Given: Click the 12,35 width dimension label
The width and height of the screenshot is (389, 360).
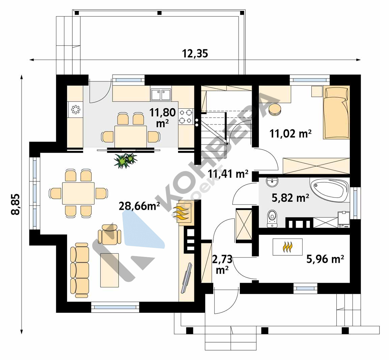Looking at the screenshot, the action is tap(195, 53).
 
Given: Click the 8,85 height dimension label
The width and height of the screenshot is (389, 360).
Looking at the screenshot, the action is tap(16, 204).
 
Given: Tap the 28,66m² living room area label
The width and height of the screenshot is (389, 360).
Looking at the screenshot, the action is tap(139, 206).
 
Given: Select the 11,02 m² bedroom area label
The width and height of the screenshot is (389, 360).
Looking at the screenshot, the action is tap(290, 134).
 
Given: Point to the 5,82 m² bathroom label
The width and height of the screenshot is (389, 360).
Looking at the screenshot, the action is tap(290, 198).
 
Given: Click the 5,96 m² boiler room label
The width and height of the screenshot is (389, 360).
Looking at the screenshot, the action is tap(325, 259).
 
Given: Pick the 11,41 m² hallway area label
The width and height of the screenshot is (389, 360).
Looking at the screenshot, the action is tap(228, 174).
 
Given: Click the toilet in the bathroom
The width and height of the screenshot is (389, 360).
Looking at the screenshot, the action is tap(272, 219).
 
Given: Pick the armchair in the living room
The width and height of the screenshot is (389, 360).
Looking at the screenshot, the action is tap(109, 235).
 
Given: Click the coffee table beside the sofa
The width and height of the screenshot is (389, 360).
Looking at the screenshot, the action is tap(109, 270).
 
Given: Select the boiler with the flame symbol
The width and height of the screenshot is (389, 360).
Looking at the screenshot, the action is tap(287, 247).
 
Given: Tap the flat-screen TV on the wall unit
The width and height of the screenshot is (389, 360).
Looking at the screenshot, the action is tap(187, 278).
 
